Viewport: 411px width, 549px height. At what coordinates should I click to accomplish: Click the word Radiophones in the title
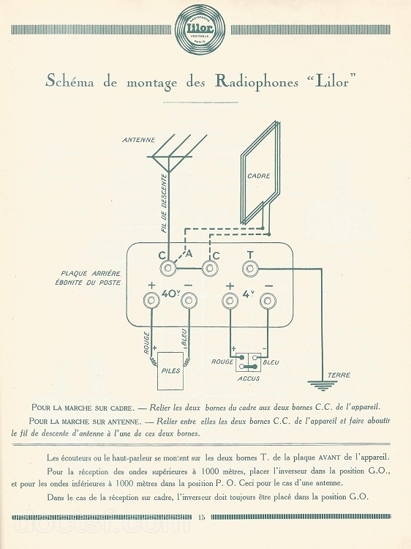[257, 82]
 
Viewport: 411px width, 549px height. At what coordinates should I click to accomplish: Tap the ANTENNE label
[138, 140]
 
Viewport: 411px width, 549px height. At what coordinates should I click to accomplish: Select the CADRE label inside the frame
[259, 176]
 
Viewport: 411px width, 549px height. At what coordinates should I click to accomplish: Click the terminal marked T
[250, 269]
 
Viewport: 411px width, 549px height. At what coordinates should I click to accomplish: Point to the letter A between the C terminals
[189, 253]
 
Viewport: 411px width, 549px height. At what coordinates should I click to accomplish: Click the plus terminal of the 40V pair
[151, 300]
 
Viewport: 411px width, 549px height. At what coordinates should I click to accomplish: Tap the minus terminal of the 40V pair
[189, 300]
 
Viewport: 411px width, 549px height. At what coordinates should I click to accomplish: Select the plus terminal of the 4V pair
[230, 300]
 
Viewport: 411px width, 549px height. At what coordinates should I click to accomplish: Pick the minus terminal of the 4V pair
[268, 300]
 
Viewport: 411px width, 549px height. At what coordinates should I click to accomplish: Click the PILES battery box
[170, 371]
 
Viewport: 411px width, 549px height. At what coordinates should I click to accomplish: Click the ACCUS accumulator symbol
[249, 362]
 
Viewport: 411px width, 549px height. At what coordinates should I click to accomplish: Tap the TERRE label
[339, 375]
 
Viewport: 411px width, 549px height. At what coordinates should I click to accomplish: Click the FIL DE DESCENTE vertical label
[164, 203]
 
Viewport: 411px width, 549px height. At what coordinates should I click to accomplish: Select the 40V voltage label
[170, 294]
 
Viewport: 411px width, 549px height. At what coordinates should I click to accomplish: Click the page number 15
[201, 518]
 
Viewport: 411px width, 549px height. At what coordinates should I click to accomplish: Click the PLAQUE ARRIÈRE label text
[91, 274]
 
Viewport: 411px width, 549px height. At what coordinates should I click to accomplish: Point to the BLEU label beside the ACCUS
[271, 362]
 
